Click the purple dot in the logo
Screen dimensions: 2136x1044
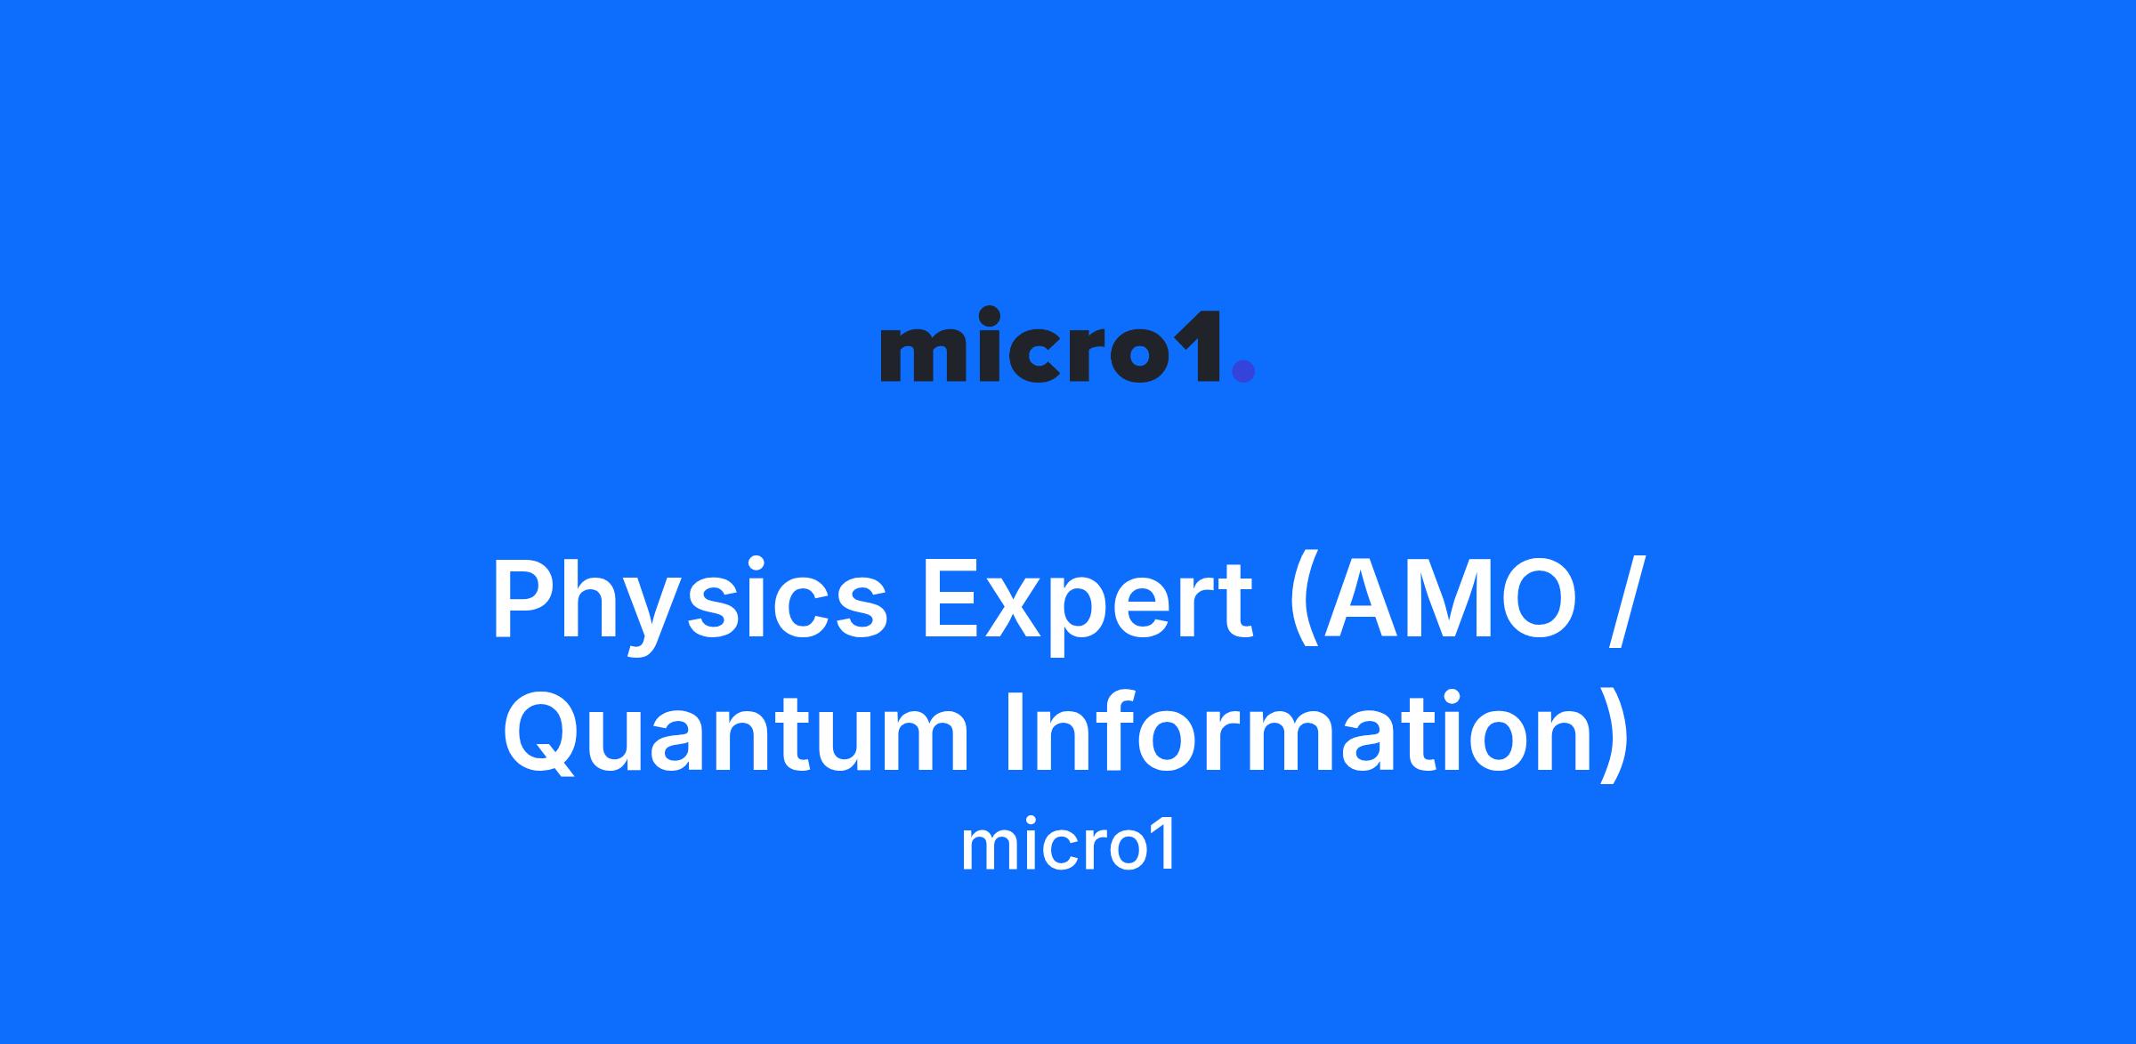point(1242,370)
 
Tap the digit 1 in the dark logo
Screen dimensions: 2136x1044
point(1207,346)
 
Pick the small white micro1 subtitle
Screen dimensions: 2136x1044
point(1068,846)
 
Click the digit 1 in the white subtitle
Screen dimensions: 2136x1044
point(1164,846)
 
